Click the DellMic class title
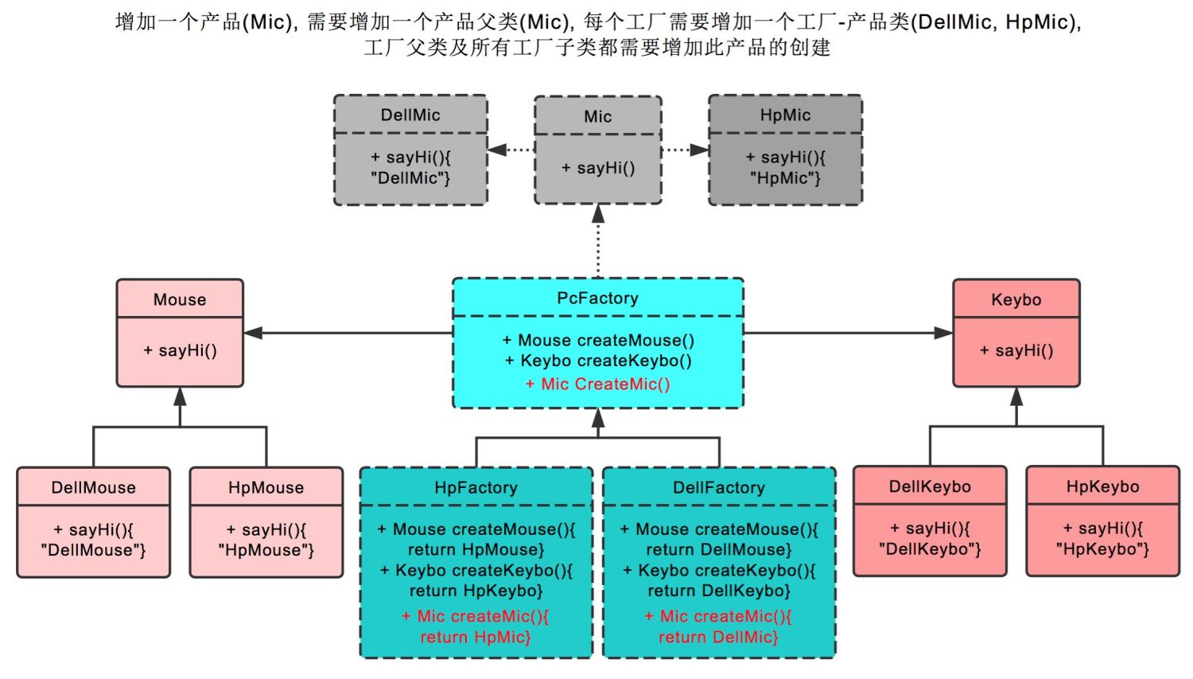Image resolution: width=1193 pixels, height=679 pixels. (410, 115)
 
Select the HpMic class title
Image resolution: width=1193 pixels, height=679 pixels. (785, 115)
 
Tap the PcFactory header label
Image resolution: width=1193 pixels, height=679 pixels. (597, 298)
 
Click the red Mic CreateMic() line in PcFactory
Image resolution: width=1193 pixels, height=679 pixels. (597, 384)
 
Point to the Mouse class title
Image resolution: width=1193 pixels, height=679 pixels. (180, 299)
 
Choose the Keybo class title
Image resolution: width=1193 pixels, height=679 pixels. (1016, 299)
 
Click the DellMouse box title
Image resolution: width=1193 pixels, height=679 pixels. (93, 487)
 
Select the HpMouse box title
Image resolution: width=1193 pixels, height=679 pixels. (266, 487)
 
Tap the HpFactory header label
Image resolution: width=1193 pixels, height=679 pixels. (476, 487)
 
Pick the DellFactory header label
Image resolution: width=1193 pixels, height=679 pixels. (719, 487)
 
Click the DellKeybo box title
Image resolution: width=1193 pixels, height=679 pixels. (930, 486)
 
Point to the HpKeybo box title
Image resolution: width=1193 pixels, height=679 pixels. (1102, 486)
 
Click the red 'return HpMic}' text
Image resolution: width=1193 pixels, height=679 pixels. (476, 637)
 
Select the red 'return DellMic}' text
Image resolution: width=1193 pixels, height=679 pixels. (718, 637)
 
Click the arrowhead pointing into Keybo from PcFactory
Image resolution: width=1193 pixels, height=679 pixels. (943, 333)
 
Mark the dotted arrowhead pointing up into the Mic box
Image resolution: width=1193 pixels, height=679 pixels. (598, 214)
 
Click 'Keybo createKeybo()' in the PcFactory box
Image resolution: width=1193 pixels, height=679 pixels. (598, 361)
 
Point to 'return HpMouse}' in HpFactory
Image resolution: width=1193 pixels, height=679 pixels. (476, 549)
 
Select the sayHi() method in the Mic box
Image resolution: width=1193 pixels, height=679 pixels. (598, 167)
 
